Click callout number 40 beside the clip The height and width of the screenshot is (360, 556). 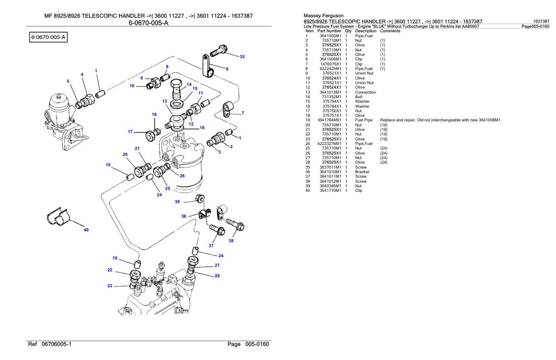86,230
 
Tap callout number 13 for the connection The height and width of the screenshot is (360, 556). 165,101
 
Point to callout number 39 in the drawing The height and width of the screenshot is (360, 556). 177,201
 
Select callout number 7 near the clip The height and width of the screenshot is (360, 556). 243,113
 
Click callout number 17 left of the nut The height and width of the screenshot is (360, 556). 130,132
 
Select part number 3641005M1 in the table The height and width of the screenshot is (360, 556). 330,35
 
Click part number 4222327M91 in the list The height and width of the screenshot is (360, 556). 329,144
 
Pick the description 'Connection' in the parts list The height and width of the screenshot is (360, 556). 365,92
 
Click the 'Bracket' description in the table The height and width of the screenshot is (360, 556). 362,172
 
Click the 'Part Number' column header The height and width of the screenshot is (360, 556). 330,31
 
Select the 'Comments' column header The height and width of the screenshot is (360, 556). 390,31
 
